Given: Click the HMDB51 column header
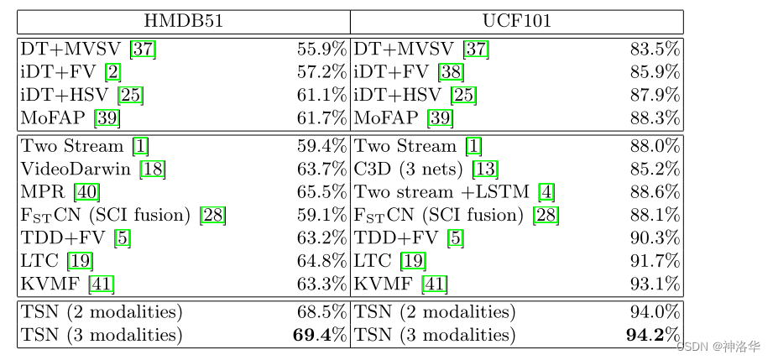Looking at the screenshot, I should tap(184, 21).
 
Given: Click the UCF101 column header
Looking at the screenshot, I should tap(517, 21).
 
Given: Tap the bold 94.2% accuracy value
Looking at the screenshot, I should tap(653, 336).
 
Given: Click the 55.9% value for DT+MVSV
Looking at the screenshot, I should tap(321, 50).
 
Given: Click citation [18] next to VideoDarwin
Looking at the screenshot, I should tap(153, 170).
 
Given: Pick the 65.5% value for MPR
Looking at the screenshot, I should tap(321, 192).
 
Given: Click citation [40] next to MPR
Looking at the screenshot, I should tap(87, 192).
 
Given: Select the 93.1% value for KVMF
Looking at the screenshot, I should tap(655, 284).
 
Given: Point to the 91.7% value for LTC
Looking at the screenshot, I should tap(655, 261).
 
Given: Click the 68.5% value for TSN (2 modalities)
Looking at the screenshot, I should tap(321, 313).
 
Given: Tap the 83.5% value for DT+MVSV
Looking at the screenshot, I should tap(655, 50).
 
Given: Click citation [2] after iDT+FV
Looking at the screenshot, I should tap(112, 72).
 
